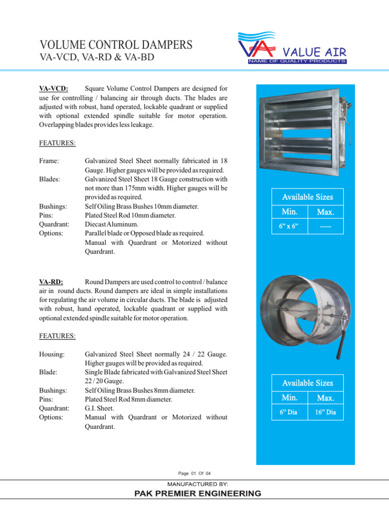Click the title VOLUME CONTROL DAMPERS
pyautogui.click(x=115, y=45)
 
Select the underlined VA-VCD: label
pyautogui.click(x=54, y=89)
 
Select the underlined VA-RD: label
pyautogui.click(x=51, y=282)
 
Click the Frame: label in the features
pyautogui.click(x=49, y=161)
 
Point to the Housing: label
pyautogui.click(x=53, y=354)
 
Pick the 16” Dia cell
pyautogui.click(x=325, y=412)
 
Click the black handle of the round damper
pyautogui.click(x=342, y=342)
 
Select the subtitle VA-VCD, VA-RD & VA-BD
pyautogui.click(x=97, y=58)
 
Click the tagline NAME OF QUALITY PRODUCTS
pyautogui.click(x=297, y=61)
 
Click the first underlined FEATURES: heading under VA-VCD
pyautogui.click(x=57, y=143)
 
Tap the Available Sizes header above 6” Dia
pyautogui.click(x=307, y=383)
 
